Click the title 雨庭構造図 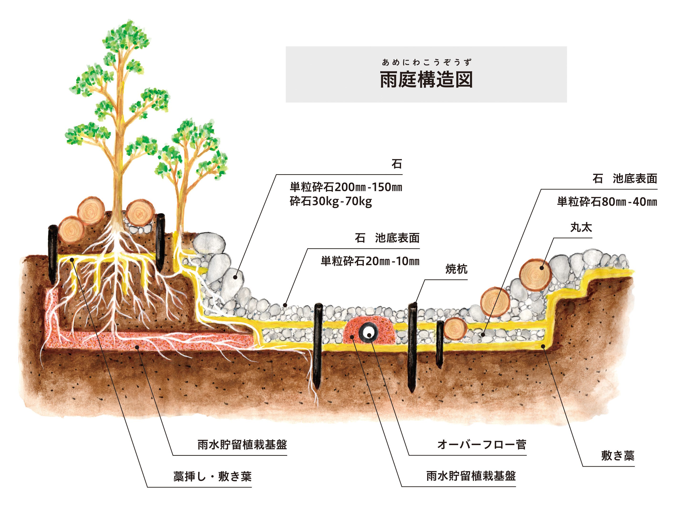click(x=426, y=80)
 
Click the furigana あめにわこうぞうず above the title click(x=426, y=63)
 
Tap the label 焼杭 click(x=456, y=269)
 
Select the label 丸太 click(x=581, y=227)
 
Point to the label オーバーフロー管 click(x=481, y=444)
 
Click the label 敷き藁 click(x=618, y=455)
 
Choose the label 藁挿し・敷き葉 click(x=212, y=476)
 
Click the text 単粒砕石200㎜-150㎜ click(x=346, y=187)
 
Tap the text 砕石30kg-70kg click(x=330, y=201)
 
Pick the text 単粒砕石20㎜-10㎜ click(x=370, y=261)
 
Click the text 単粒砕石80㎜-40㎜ click(x=607, y=202)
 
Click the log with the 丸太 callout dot click(x=535, y=274)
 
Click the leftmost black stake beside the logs click(x=53, y=253)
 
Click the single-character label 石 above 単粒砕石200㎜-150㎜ click(x=396, y=164)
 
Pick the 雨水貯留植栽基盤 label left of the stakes click(x=242, y=445)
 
